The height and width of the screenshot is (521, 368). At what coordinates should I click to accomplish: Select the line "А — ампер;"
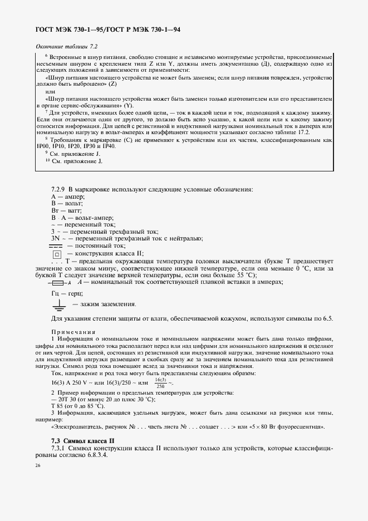[x=67, y=196]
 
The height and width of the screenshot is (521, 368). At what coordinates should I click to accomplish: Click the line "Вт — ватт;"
[x=66, y=211]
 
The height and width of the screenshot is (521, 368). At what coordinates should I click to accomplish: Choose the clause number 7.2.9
[x=58, y=189]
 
